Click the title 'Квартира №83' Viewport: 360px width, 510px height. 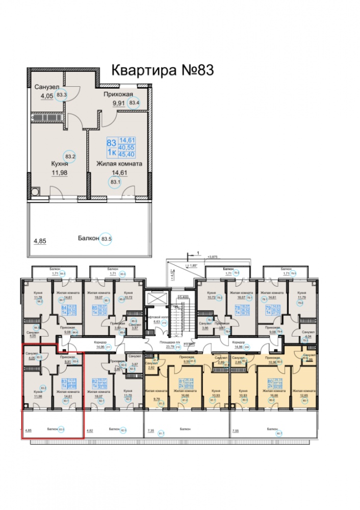tap(162, 70)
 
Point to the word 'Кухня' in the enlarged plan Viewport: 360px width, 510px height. tap(60, 164)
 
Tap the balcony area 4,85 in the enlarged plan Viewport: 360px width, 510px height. tap(40, 242)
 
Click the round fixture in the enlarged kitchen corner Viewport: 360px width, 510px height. tap(35, 192)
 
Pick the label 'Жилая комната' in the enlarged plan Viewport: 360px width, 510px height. tap(119, 164)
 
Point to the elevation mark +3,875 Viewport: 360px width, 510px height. tap(210, 257)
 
